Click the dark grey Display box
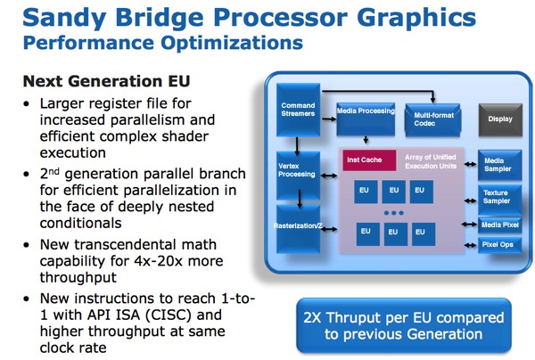[x=499, y=116]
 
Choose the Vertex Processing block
[x=297, y=168]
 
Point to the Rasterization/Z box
[x=298, y=226]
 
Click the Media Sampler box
[x=499, y=163]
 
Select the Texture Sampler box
[x=499, y=196]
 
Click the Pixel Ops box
[x=499, y=242]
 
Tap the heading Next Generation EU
[x=106, y=80]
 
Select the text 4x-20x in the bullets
[x=152, y=261]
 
